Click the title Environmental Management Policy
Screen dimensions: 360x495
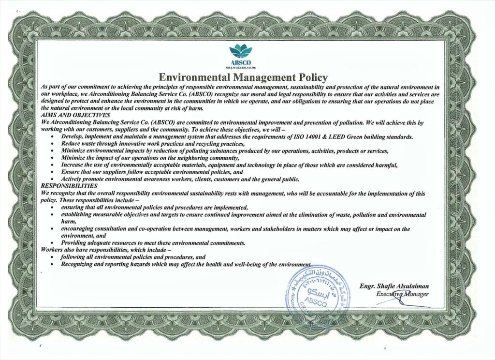244,77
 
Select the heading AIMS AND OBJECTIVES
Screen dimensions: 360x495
75,115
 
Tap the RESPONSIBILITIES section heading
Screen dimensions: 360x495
69,186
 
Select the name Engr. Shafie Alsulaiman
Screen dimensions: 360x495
394,285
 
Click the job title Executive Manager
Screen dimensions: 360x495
402,294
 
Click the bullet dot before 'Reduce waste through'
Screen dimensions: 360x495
52,145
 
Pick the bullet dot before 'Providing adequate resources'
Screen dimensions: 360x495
52,243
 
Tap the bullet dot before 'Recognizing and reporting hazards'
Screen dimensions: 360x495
52,265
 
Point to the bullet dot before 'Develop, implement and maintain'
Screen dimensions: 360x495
52,137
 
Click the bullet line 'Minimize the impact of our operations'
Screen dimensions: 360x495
150,158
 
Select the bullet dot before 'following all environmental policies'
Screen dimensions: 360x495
52,257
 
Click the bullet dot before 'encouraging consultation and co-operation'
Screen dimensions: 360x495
52,229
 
